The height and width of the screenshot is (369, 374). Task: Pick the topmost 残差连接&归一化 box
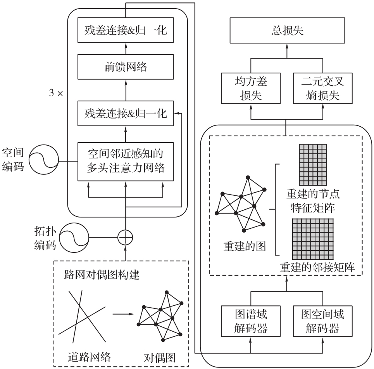(125, 30)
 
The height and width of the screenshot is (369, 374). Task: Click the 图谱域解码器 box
(251, 321)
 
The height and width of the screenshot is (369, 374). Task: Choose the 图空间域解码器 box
(322, 321)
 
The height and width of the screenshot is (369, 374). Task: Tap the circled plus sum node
(125, 237)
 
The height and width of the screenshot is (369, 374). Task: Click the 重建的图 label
(245, 246)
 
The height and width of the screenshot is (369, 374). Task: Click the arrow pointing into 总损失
(286, 51)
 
